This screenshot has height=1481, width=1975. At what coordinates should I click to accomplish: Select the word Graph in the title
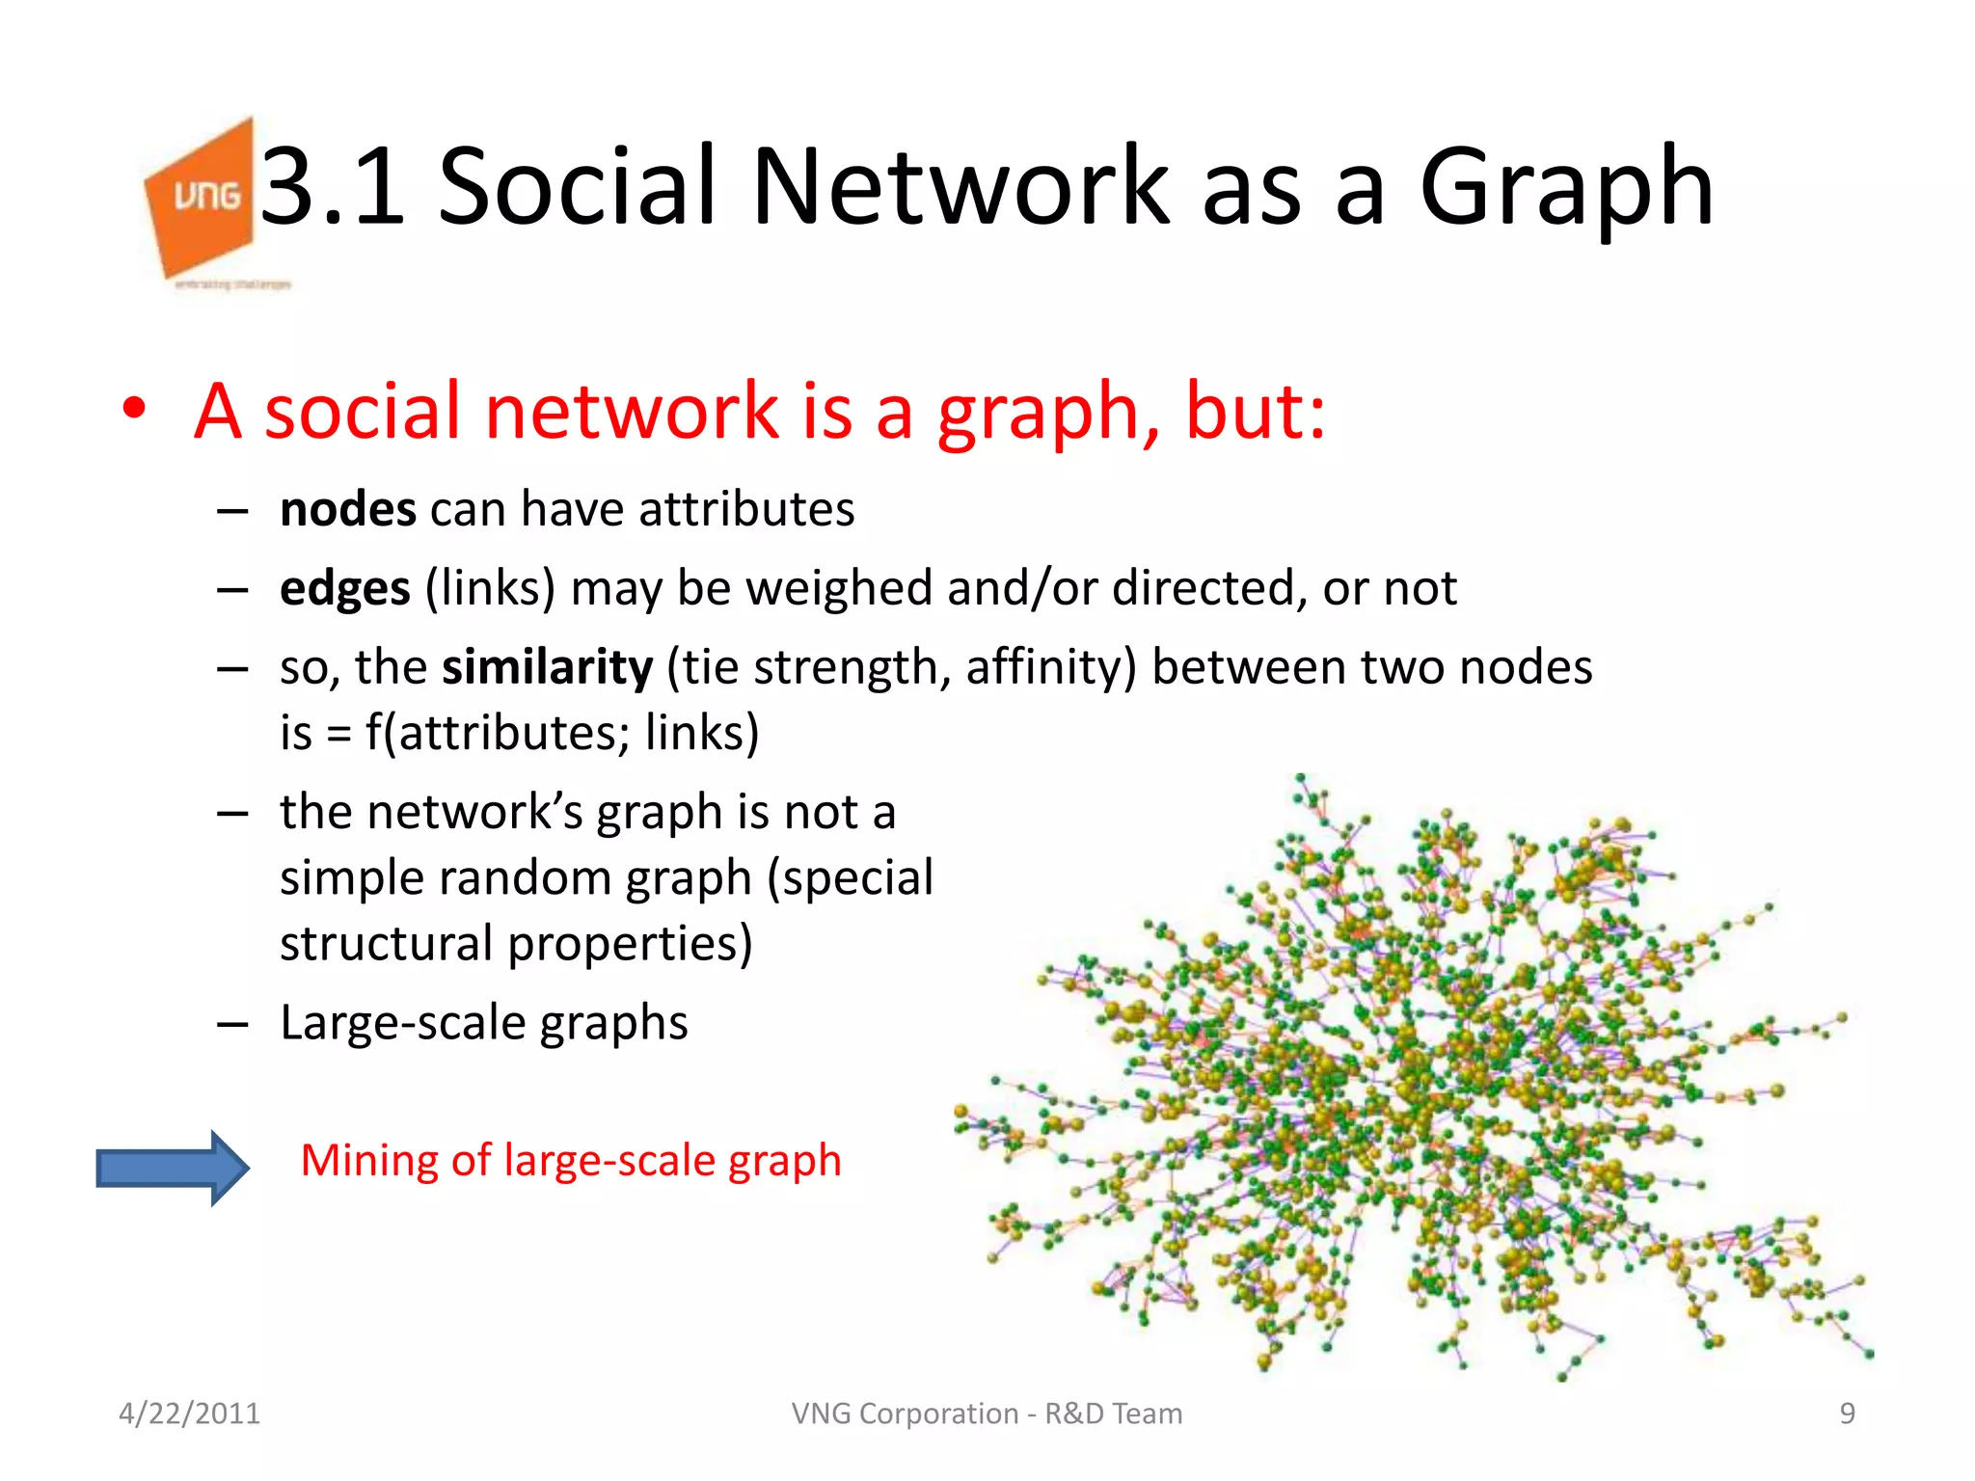[1566, 188]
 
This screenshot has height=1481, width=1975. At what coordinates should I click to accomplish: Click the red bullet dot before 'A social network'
[134, 409]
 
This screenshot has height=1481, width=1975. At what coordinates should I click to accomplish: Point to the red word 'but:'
[1255, 411]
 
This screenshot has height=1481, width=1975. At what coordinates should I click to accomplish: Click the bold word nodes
[347, 508]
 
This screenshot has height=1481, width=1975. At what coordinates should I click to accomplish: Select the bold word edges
[344, 588]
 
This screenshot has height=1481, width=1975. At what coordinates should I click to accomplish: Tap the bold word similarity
[547, 667]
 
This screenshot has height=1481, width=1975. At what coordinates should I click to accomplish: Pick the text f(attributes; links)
[562, 733]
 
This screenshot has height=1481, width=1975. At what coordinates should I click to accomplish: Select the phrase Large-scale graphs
[483, 1023]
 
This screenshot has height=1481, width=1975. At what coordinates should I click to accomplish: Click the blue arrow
[173, 1168]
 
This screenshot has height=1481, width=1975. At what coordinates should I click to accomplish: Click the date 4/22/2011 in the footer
[189, 1414]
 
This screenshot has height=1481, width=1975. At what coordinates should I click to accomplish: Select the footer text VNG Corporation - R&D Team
[987, 1414]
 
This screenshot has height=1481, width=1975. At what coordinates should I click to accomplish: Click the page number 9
[1847, 1414]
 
